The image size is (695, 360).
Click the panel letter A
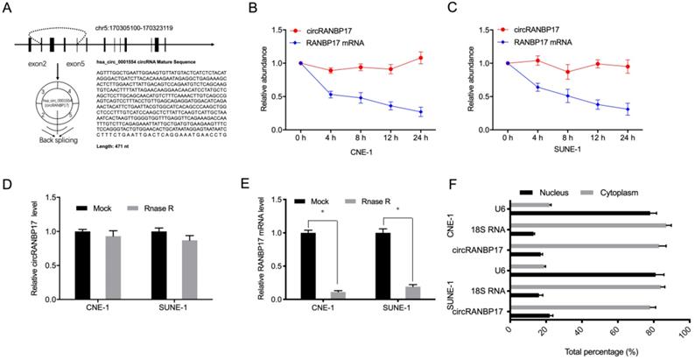[7, 9]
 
